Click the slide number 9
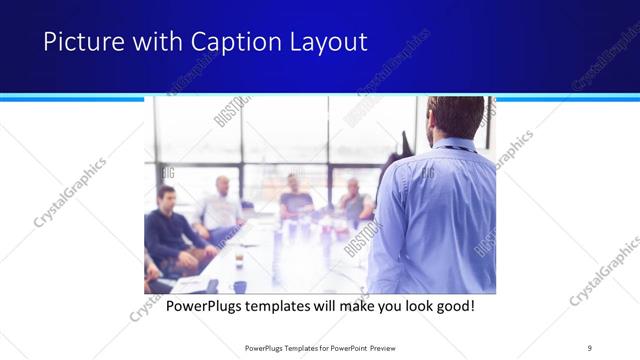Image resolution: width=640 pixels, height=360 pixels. point(589,347)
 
